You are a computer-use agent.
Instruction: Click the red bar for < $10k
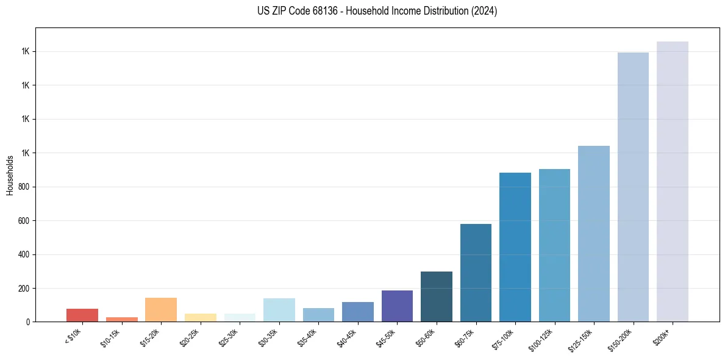(82, 315)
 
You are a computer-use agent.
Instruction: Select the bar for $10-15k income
(121, 319)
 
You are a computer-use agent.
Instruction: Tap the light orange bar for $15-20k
(161, 309)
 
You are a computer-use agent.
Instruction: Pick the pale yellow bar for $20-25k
(201, 317)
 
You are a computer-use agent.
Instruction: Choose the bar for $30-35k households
(279, 310)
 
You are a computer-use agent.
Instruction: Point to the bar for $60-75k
(476, 273)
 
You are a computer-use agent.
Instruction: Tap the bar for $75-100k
(515, 247)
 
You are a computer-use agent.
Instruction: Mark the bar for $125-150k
(594, 234)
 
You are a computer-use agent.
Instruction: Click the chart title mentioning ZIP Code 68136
(377, 11)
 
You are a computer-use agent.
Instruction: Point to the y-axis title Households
(10, 175)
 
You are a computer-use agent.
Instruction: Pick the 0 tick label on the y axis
(27, 322)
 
